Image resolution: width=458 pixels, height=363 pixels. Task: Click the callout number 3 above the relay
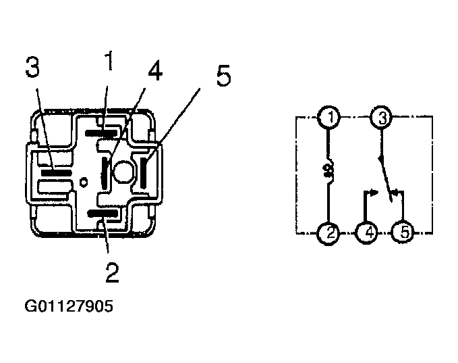(32, 67)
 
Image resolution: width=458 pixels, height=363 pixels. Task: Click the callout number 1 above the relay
(109, 61)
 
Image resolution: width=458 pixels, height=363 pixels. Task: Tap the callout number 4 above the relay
(155, 70)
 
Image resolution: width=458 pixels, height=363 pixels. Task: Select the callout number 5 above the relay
(224, 76)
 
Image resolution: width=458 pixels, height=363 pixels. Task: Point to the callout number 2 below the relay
(112, 272)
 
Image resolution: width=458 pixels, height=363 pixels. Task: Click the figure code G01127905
(69, 306)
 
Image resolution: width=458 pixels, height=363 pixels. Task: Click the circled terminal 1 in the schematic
(329, 118)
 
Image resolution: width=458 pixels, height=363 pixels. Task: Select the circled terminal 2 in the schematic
(328, 233)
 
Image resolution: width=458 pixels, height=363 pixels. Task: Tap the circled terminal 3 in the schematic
(382, 118)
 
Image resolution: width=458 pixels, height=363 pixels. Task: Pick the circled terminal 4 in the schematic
(366, 233)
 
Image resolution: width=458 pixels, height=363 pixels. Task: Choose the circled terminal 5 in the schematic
(403, 233)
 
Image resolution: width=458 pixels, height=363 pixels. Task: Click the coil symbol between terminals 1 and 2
(328, 171)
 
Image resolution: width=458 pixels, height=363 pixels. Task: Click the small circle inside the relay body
(84, 182)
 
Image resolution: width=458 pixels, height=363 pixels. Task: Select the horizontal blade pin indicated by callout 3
(57, 173)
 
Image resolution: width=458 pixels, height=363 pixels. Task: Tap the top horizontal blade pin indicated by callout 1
(101, 133)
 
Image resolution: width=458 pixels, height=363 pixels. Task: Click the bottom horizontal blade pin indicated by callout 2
(103, 214)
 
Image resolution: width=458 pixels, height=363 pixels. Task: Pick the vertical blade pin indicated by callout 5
(144, 173)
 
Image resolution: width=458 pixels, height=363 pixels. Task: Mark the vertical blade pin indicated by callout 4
(105, 173)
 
